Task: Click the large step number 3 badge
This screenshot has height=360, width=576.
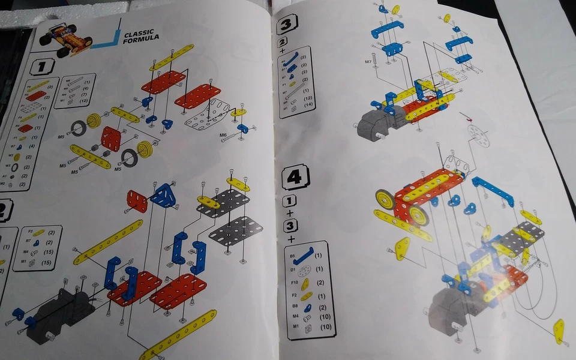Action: [286, 23]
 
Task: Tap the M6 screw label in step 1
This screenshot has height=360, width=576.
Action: [223, 136]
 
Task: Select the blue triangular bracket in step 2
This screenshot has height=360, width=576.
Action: [163, 195]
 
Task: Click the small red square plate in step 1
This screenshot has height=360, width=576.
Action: [111, 138]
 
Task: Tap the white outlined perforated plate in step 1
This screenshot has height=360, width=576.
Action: [207, 115]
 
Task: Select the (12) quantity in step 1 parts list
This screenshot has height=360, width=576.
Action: [87, 101]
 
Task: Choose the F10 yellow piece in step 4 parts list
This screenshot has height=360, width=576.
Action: [305, 283]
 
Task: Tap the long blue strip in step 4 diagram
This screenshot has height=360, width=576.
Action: [493, 190]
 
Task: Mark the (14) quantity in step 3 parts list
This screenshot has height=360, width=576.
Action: [309, 105]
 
